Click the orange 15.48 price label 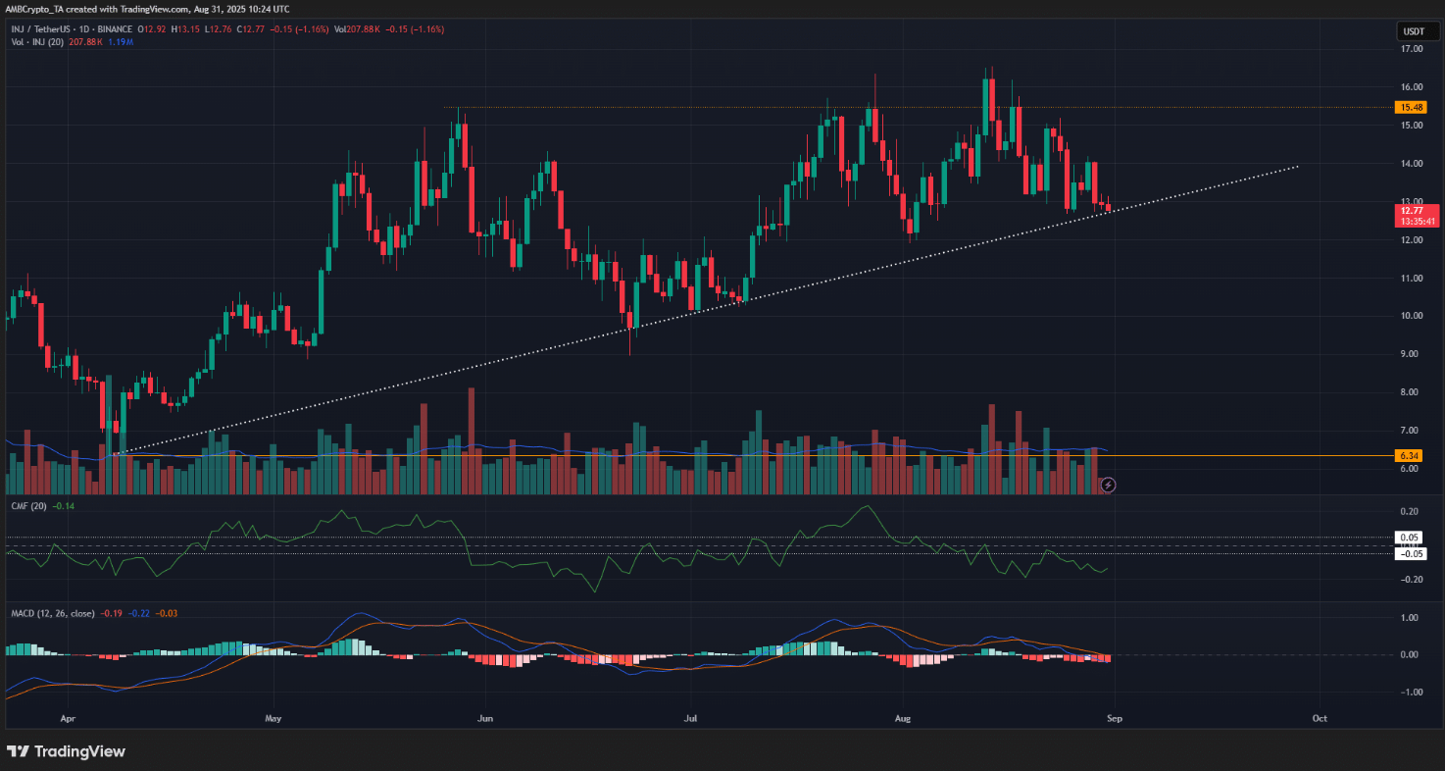(1411, 107)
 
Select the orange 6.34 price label (1411, 455)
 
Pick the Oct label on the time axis (1320, 718)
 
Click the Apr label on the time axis (67, 718)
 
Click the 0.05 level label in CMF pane (1410, 538)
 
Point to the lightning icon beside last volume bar (1108, 485)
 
